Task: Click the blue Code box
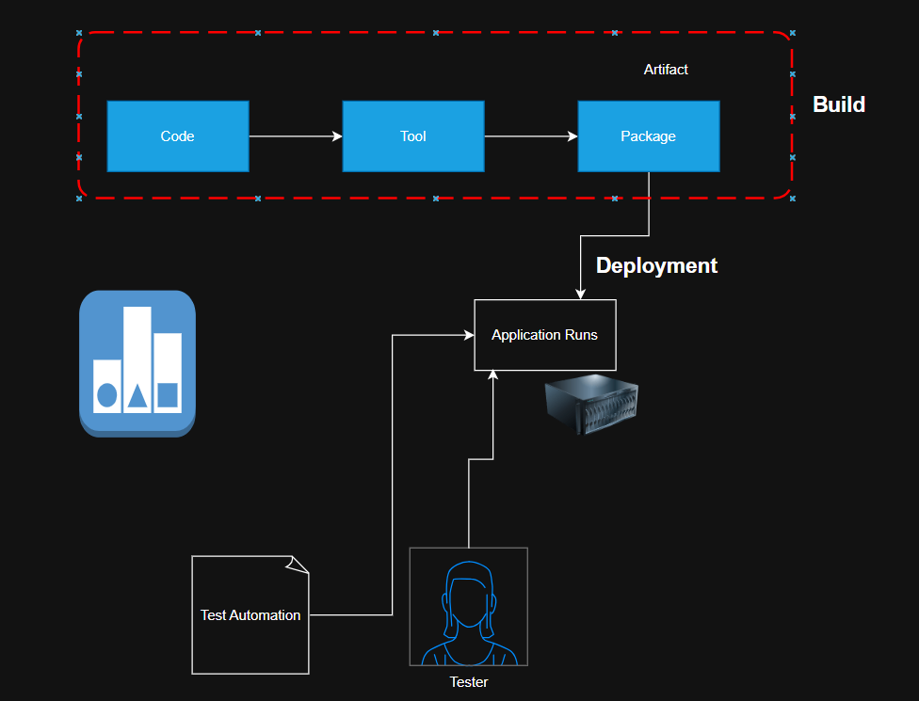[x=177, y=136]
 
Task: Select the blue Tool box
[x=412, y=136]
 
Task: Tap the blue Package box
[x=648, y=136]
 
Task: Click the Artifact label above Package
[x=666, y=70]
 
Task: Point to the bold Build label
[x=839, y=104]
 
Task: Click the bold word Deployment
[x=656, y=265]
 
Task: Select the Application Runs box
[x=544, y=335]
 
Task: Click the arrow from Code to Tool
[x=295, y=136]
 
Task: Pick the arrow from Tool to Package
[x=530, y=136]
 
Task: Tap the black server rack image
[x=592, y=403]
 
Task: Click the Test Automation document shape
[x=250, y=614]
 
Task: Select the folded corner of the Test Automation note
[x=298, y=564]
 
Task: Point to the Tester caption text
[x=468, y=682]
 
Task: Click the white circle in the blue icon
[x=107, y=395]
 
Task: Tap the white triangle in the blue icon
[x=137, y=396]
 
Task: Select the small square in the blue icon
[x=168, y=394]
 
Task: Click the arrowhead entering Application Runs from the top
[x=581, y=295]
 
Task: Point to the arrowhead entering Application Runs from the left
[x=468, y=334]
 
